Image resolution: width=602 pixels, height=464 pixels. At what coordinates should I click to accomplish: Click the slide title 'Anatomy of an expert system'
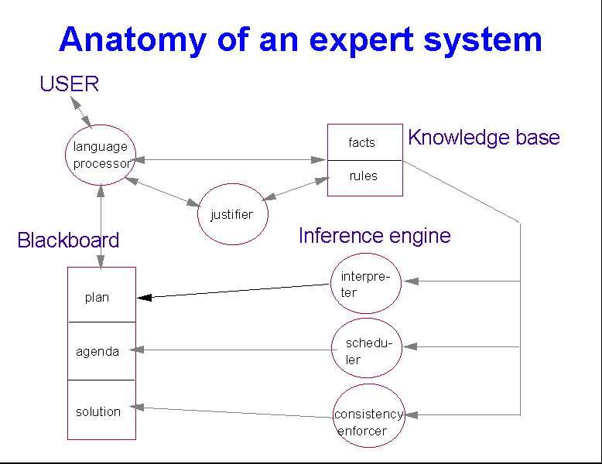click(300, 39)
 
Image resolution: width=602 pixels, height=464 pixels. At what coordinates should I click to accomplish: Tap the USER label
click(70, 84)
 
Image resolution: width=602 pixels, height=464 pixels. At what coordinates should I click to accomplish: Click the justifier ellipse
click(232, 215)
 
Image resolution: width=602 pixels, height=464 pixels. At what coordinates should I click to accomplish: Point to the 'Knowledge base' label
click(484, 138)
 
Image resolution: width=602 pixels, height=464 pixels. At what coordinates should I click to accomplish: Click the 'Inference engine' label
click(375, 235)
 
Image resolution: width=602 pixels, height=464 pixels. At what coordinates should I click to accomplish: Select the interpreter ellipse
click(365, 283)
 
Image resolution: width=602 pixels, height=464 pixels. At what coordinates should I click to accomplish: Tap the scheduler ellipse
click(367, 350)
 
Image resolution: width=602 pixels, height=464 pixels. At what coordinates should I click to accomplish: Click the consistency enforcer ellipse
click(369, 416)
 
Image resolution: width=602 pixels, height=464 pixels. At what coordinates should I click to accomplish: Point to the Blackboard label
click(68, 241)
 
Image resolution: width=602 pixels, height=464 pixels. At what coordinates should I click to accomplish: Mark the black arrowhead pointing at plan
click(145, 297)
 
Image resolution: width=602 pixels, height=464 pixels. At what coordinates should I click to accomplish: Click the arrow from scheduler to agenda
click(232, 350)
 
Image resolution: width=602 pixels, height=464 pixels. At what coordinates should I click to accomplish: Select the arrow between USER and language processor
click(80, 111)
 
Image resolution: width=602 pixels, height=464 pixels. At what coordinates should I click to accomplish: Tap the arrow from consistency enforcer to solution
click(232, 412)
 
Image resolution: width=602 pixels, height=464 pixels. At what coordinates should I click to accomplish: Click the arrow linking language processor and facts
click(229, 160)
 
